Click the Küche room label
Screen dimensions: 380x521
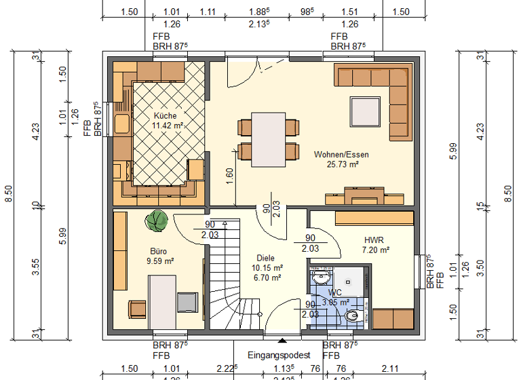point(165,115)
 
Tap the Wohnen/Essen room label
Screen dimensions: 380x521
point(341,155)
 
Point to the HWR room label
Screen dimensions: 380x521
point(374,240)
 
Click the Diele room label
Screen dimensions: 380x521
point(266,258)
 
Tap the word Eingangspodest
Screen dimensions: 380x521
point(280,355)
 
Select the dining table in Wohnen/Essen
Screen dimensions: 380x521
point(268,138)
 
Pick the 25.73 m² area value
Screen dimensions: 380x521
point(342,164)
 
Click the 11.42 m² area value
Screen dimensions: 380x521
point(166,126)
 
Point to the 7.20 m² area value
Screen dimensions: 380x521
point(376,250)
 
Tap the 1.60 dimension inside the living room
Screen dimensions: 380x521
point(229,175)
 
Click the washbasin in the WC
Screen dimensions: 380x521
point(320,278)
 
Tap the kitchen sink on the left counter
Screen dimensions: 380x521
point(122,124)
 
